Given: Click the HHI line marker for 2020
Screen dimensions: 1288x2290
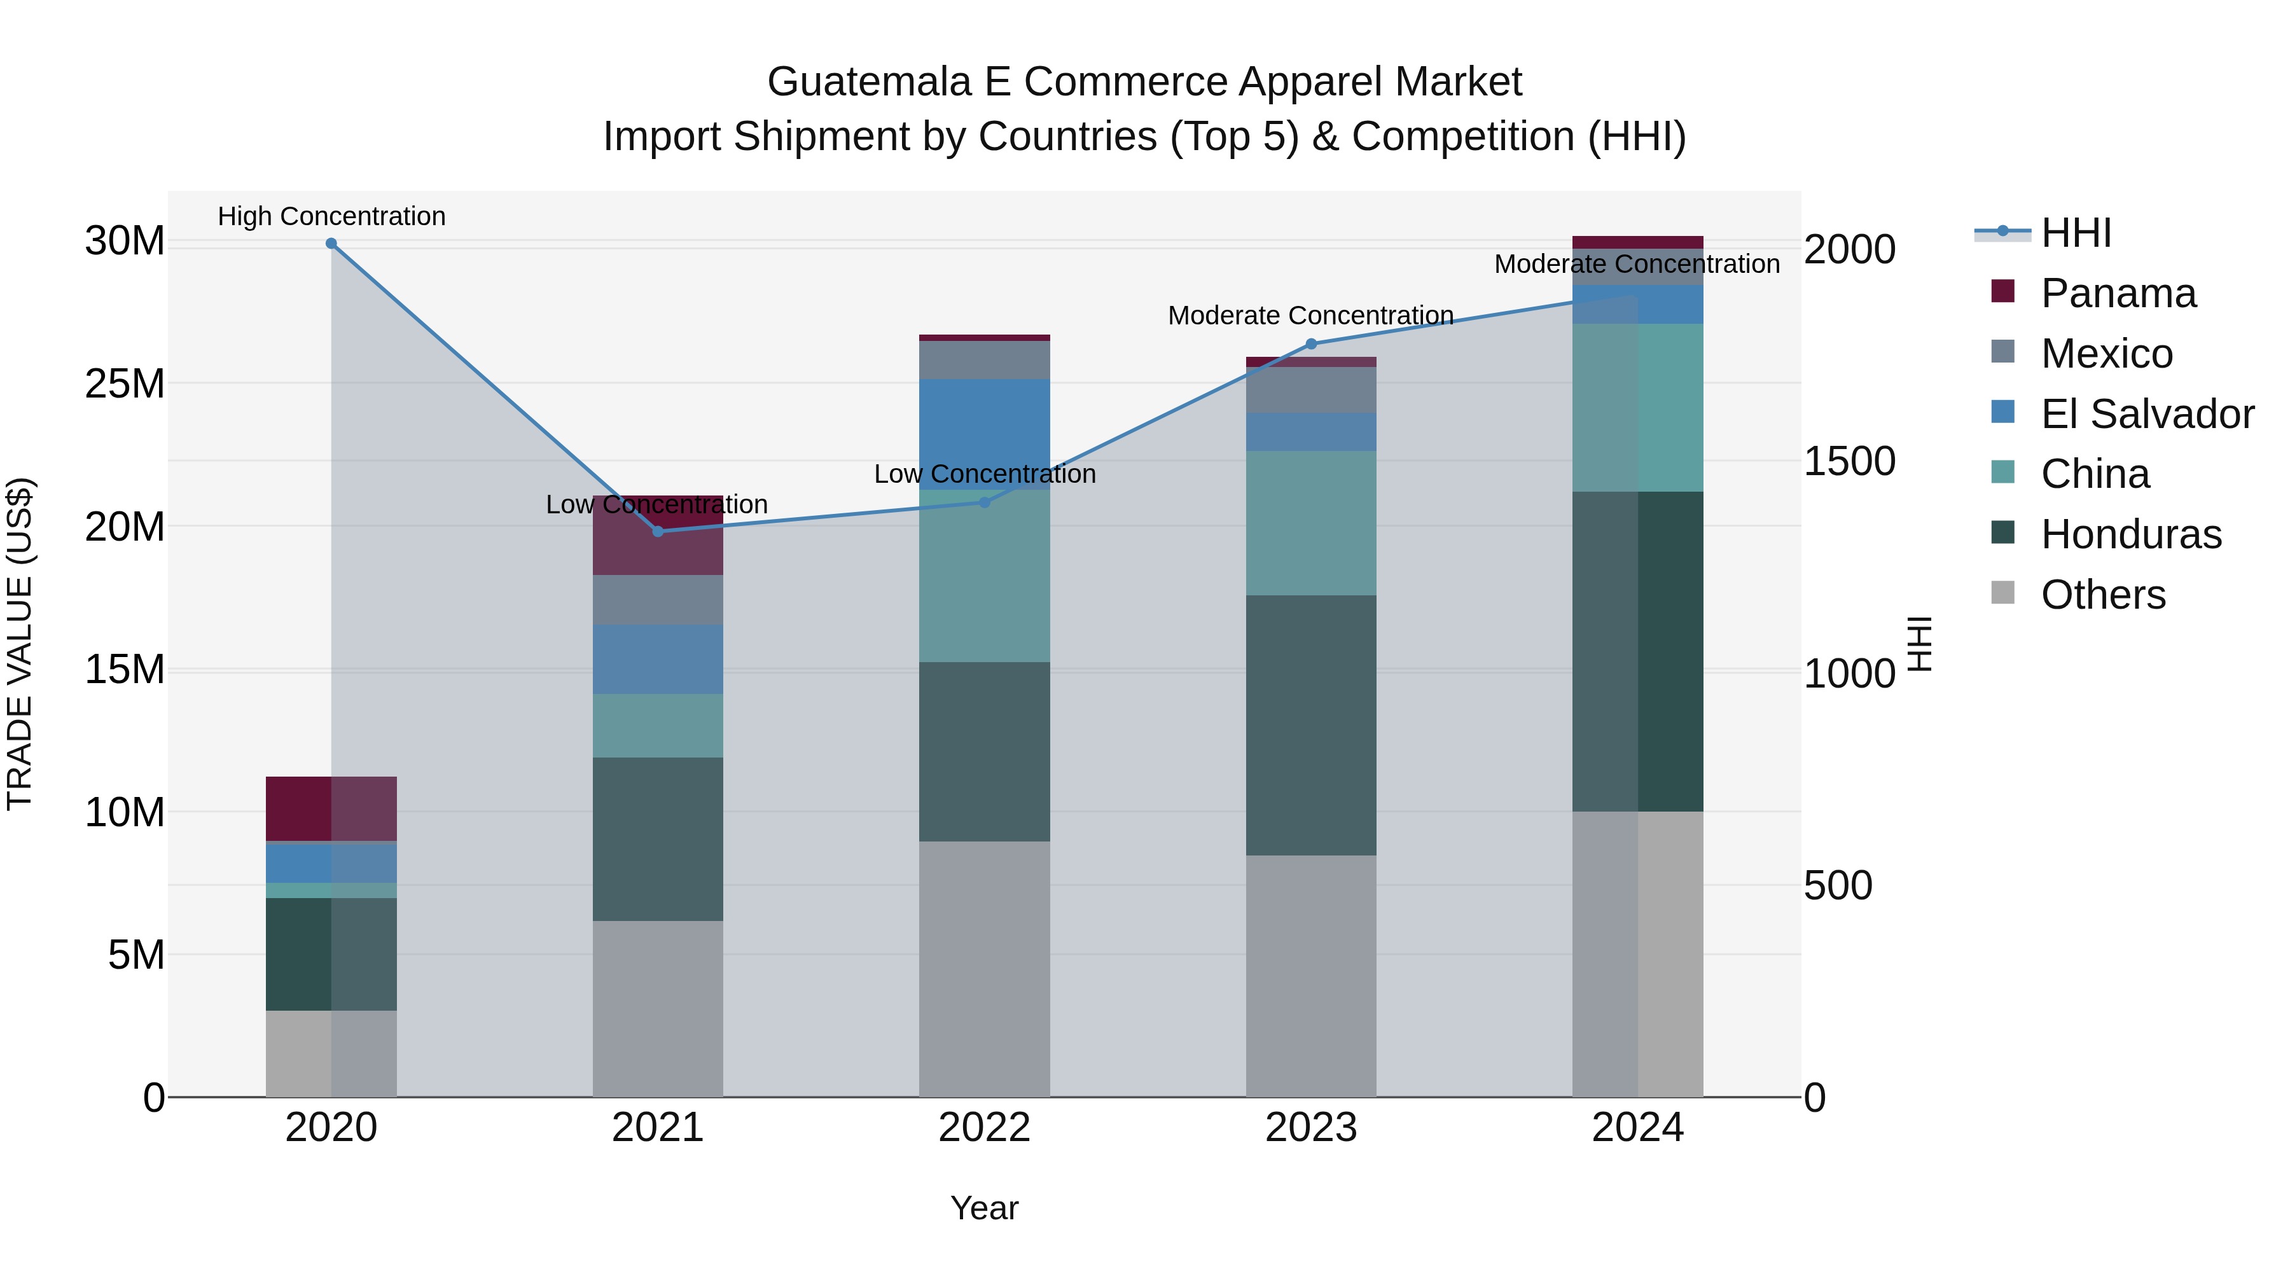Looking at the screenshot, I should point(331,244).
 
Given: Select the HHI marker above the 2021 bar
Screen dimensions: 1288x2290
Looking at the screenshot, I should point(658,532).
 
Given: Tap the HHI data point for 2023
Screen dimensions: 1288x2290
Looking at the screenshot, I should point(1311,344).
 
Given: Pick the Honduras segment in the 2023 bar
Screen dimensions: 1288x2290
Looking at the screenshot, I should point(1311,724).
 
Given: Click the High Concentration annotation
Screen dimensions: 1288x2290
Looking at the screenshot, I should point(331,217).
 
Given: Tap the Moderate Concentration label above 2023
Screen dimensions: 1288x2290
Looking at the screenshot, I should point(1310,315).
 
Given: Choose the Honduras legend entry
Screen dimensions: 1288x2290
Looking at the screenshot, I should point(2131,534).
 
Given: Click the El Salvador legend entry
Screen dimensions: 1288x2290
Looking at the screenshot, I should point(2147,414).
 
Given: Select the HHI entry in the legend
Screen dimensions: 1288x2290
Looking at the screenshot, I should point(2076,233).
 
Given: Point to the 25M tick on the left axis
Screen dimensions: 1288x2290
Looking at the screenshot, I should point(125,384).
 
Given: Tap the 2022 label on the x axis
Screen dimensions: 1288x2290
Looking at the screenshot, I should point(984,1128).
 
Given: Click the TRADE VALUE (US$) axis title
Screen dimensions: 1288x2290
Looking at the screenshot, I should point(20,644).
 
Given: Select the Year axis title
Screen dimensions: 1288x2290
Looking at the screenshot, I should point(984,1208).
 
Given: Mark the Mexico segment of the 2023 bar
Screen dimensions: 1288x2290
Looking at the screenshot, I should point(1311,389).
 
